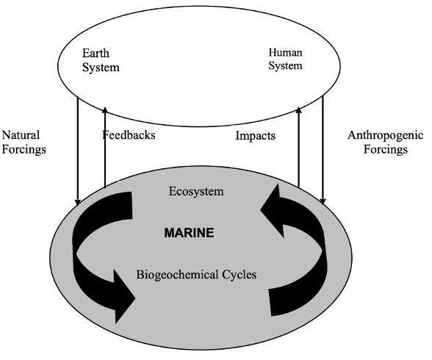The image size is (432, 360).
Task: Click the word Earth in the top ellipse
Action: [96, 53]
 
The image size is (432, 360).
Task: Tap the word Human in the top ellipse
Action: [285, 52]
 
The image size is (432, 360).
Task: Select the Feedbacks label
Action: [129, 135]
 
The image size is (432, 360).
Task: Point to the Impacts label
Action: [255, 136]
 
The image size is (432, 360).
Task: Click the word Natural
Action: [21, 135]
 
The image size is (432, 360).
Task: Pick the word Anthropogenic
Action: [385, 135]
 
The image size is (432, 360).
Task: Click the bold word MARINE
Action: [189, 233]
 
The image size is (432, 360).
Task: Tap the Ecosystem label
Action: [196, 192]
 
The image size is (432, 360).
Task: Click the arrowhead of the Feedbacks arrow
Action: [104, 110]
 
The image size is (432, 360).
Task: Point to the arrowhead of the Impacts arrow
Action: [298, 110]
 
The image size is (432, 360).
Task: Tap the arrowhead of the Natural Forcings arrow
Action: [78, 202]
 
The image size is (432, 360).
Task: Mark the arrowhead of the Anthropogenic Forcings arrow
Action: [323, 201]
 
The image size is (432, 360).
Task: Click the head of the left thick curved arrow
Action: [125, 297]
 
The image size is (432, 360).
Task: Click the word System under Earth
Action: [101, 68]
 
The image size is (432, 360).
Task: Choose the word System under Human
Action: [285, 66]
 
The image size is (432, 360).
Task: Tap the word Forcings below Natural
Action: [24, 150]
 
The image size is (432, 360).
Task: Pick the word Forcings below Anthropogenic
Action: [386, 150]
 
